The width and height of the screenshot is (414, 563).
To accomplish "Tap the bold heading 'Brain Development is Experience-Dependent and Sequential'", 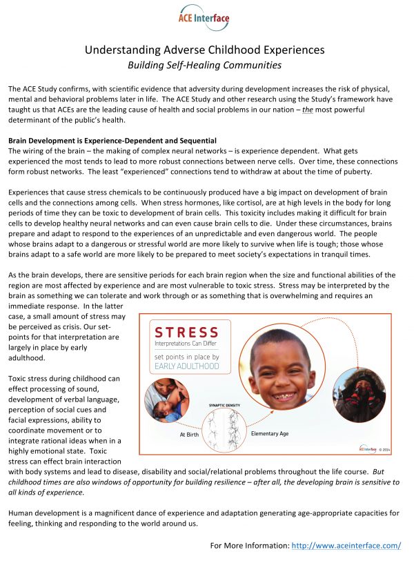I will [112, 141].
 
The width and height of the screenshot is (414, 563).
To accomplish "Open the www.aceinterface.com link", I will [346, 546].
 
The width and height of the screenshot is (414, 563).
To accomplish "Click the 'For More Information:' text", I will [249, 546].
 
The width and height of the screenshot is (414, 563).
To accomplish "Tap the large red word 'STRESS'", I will [187, 334].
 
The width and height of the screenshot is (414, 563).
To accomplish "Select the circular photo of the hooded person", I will [359, 395].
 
